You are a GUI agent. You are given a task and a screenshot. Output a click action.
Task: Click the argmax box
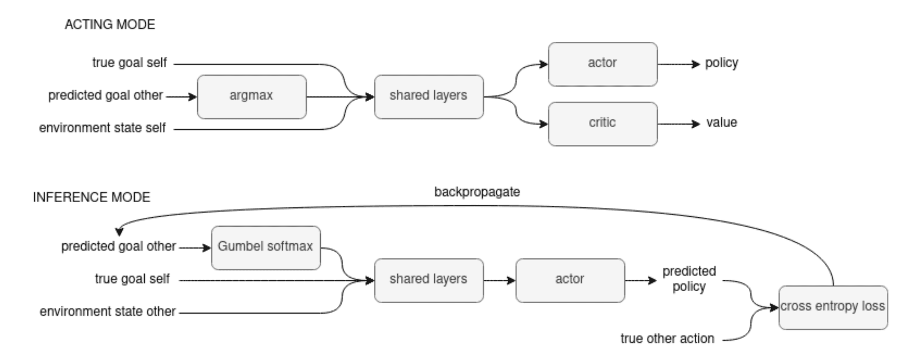251,97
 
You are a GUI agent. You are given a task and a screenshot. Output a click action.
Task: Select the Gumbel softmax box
266,248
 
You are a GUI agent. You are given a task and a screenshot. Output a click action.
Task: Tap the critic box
603,124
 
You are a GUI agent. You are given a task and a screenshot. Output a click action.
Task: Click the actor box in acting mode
603,64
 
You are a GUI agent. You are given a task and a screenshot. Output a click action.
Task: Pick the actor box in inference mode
570,280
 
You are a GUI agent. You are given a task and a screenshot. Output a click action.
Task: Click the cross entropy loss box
833,307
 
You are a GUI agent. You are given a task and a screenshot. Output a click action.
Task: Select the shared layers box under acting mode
428,97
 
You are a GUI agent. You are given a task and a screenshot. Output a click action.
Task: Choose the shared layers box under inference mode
428,280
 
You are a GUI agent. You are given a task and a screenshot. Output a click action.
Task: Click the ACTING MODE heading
110,25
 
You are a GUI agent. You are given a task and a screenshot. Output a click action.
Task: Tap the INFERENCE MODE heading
91,197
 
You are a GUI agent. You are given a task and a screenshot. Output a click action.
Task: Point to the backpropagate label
477,192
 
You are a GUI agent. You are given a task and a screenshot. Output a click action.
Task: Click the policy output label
721,63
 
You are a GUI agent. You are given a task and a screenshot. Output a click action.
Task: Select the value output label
721,123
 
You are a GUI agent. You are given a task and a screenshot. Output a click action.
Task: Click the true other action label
667,339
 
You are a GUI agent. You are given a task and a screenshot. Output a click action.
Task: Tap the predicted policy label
689,279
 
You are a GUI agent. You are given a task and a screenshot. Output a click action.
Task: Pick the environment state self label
102,128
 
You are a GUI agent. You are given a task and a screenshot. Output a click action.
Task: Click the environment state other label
108,312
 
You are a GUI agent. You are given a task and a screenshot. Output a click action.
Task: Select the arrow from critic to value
679,124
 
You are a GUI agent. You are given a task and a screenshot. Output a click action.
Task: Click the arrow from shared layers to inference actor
499,280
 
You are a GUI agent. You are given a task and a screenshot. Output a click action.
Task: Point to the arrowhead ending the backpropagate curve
119,232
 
